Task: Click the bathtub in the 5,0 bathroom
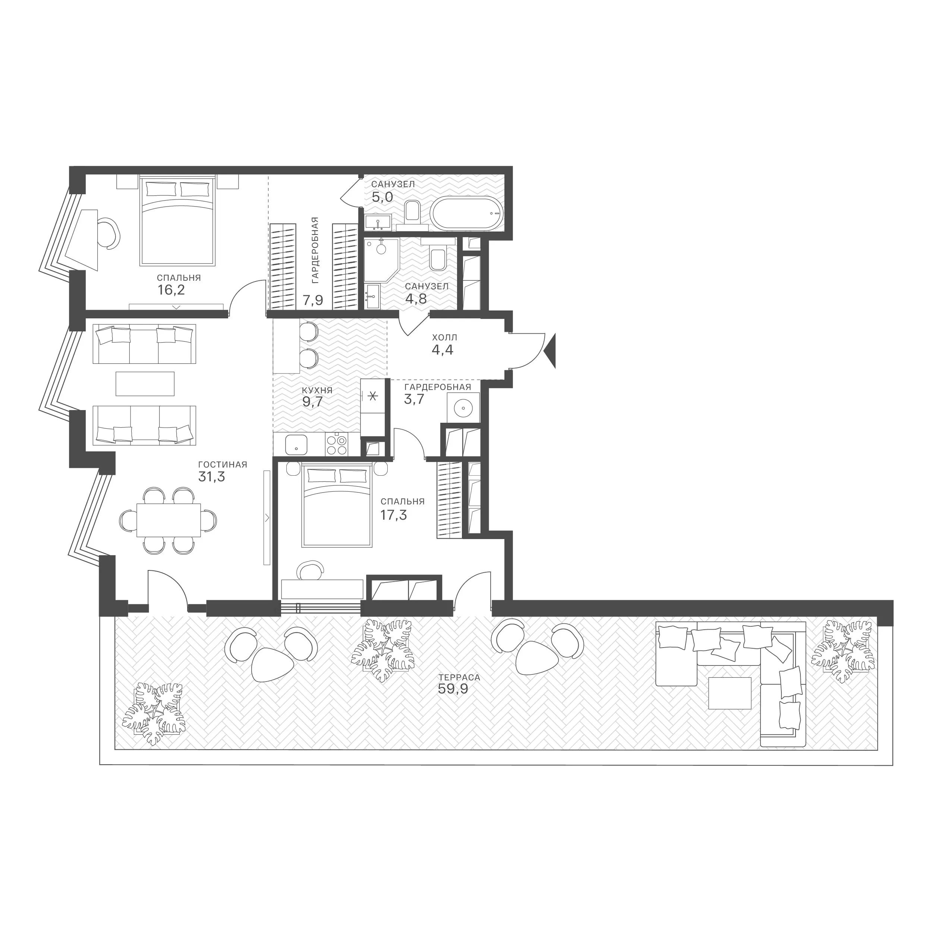pos(466,214)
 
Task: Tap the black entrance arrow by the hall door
pos(550,351)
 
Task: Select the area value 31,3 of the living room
pos(212,477)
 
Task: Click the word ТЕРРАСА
pos(459,677)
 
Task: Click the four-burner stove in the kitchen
pos(336,445)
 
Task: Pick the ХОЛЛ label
pos(444,337)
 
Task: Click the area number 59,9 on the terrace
pos(453,689)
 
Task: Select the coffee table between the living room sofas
pos(145,384)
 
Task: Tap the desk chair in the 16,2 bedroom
pos(108,233)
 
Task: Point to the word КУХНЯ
pos(317,390)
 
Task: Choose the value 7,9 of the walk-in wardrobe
pos(313,301)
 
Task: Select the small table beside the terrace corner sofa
pos(730,693)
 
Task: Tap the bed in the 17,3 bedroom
pos(337,505)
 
